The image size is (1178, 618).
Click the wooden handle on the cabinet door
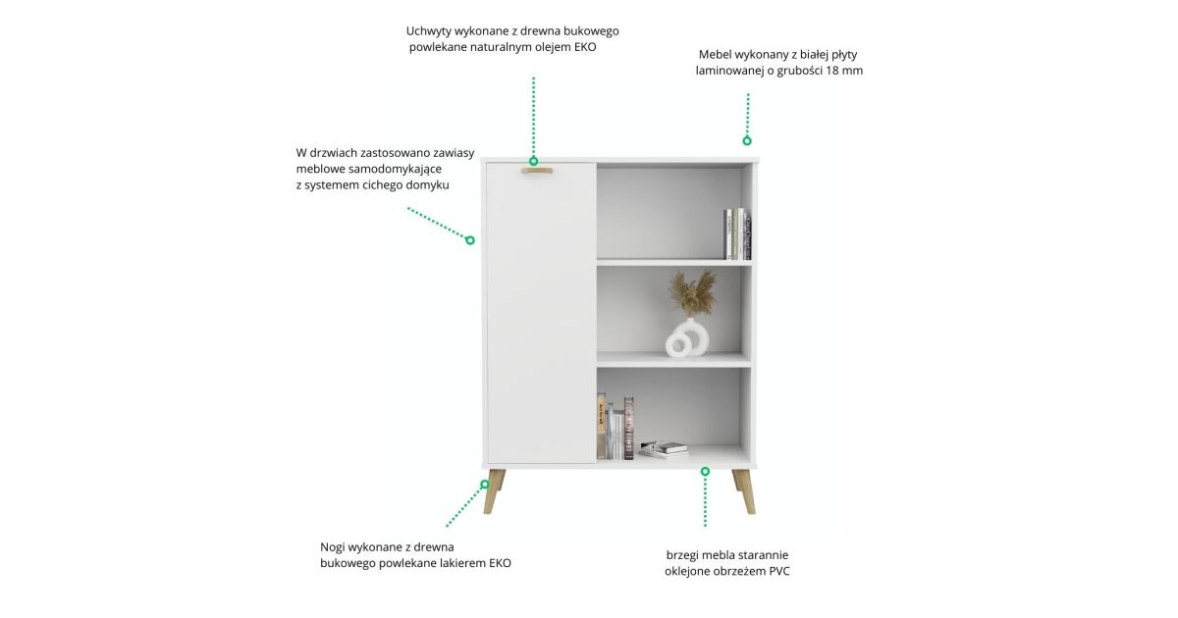536,171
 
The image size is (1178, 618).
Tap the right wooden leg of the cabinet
744,491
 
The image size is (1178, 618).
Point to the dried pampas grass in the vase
691,292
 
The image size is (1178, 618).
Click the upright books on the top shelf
737,233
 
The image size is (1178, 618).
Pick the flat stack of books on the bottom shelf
664,449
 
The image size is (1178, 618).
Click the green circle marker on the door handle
533,161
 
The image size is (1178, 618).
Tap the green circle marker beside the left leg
485,484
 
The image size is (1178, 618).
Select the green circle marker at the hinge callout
470,240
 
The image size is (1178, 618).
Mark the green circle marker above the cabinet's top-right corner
747,141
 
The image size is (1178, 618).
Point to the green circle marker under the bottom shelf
705,472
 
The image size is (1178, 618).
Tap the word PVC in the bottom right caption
778,571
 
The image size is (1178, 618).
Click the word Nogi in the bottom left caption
333,547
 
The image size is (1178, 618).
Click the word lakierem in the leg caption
462,563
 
